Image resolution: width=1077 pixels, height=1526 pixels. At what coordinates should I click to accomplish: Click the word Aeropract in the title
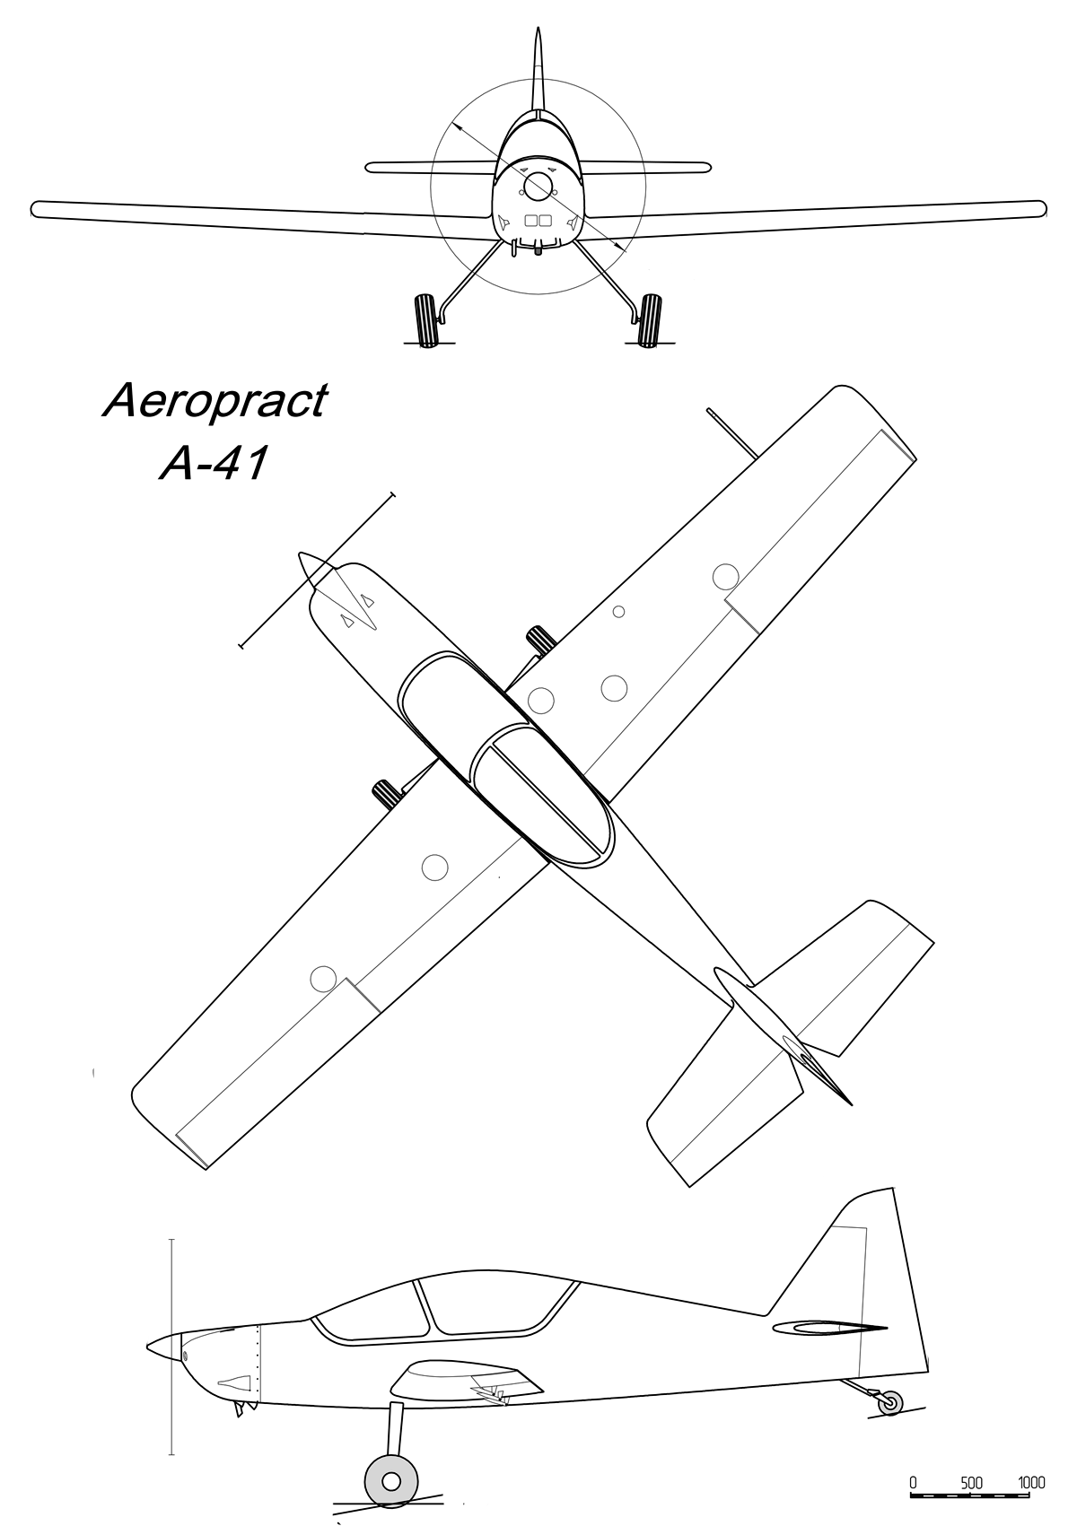(215, 401)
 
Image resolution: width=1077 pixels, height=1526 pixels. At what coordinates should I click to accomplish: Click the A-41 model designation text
(214, 465)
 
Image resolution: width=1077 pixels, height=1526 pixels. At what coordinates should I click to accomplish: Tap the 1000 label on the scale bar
(1031, 1482)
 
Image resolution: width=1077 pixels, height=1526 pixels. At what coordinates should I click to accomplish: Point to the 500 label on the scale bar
(972, 1482)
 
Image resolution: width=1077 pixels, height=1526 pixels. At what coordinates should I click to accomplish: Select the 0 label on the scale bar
(913, 1482)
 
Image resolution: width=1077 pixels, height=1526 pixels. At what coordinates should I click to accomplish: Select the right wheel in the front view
(648, 318)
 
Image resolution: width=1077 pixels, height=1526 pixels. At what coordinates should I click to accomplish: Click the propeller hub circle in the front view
(538, 186)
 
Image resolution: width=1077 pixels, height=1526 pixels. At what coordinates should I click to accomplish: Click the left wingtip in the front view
(36, 209)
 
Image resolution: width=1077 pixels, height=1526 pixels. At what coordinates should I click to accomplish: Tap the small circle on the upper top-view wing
(618, 612)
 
